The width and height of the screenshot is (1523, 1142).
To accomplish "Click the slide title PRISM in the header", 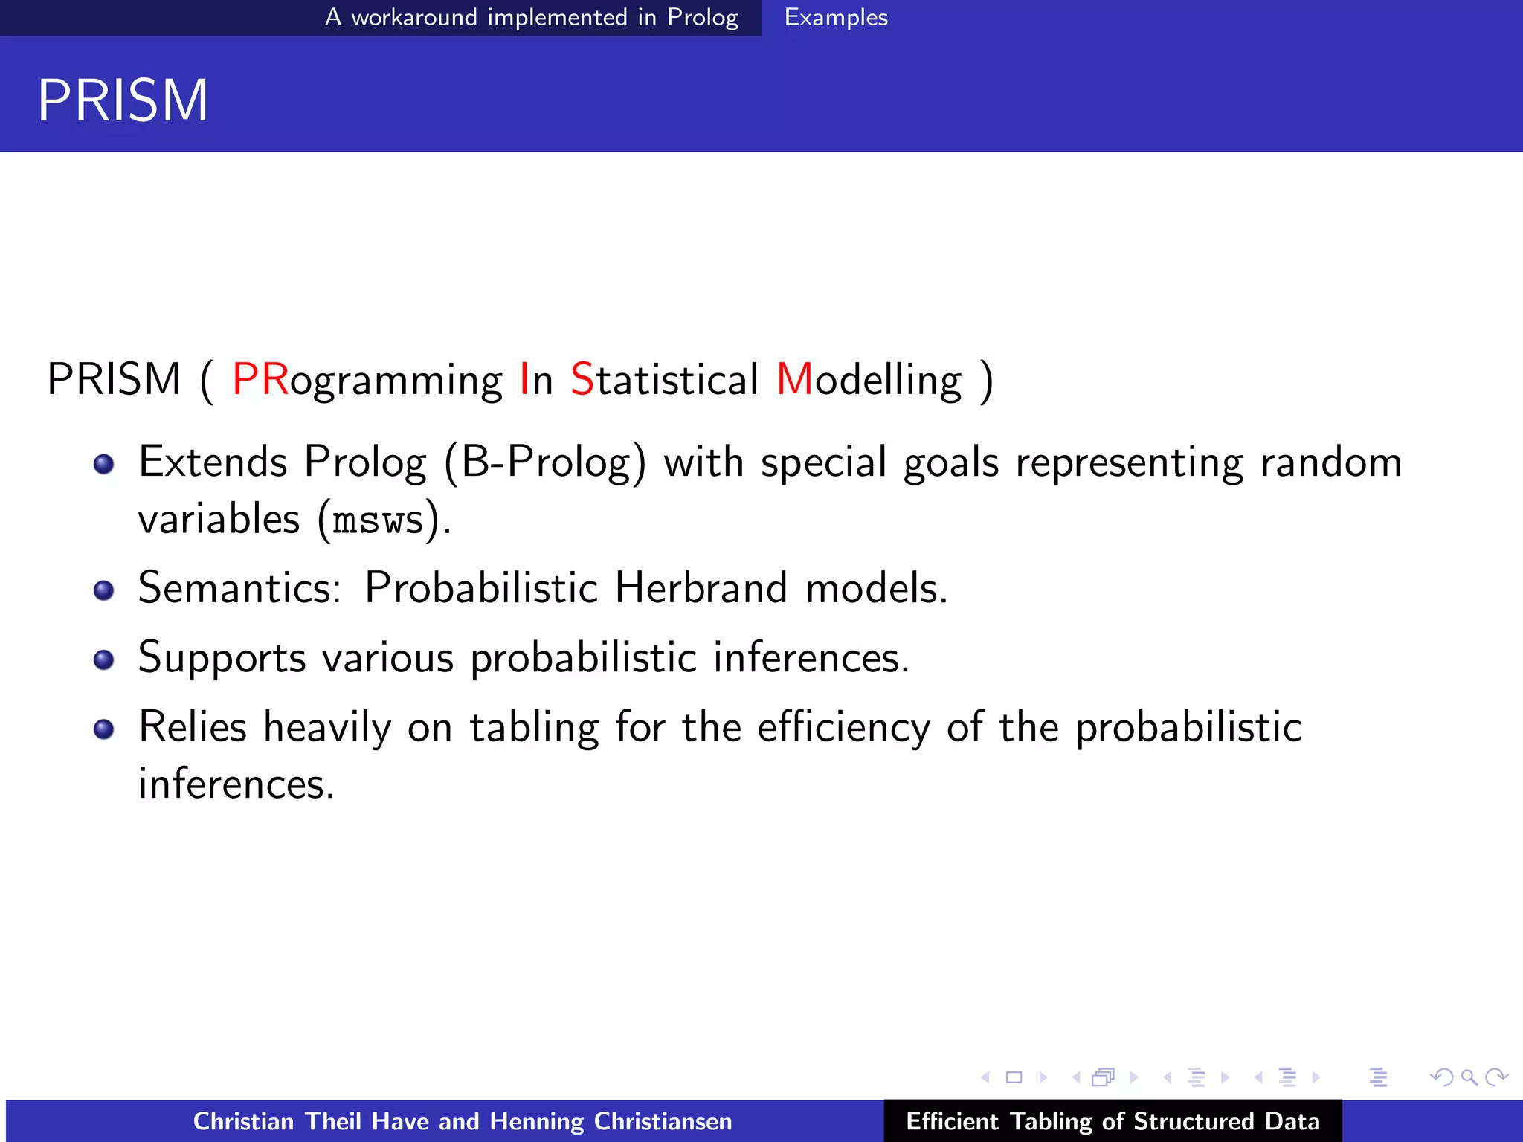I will tap(123, 100).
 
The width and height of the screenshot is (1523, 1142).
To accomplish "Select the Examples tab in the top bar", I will tap(836, 17).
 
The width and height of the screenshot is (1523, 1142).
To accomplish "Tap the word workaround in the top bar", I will tap(413, 17).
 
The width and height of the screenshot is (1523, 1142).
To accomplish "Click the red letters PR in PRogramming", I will tap(260, 379).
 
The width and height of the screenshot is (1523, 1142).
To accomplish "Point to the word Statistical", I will tap(664, 379).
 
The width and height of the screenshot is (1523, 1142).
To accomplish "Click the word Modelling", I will tap(869, 379).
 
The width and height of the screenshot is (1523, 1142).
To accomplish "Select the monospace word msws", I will tap(378, 520).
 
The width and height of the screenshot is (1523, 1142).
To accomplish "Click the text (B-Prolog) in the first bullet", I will tap(545, 462).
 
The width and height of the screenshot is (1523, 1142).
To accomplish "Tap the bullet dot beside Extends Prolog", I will tap(104, 465).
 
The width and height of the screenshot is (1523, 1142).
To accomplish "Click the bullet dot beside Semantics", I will tap(104, 591).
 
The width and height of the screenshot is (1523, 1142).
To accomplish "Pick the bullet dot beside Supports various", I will tap(104, 660).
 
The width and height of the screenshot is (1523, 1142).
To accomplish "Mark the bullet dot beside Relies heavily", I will tap(104, 729).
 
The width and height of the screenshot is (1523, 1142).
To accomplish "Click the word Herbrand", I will tap(701, 588).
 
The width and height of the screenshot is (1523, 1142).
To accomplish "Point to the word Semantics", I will tap(239, 588).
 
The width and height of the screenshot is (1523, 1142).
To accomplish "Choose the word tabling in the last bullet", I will tap(534, 728).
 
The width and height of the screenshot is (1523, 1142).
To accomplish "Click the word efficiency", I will tap(843, 728).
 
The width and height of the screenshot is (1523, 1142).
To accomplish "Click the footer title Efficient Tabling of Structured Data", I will tap(1113, 1121).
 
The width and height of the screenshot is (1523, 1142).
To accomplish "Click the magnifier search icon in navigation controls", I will tap(1469, 1077).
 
